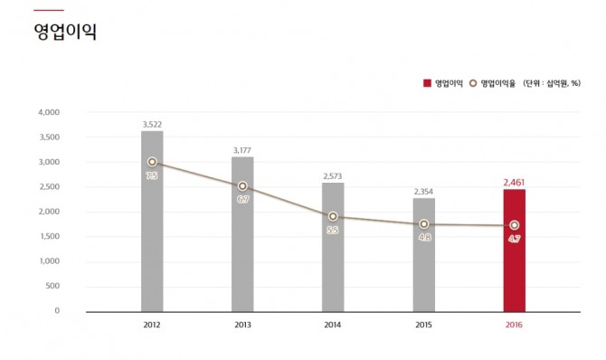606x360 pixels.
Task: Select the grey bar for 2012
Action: click(x=152, y=235)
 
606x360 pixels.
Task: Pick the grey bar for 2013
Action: click(x=242, y=244)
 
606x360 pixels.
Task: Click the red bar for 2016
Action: click(x=514, y=262)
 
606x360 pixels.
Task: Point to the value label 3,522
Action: click(x=152, y=124)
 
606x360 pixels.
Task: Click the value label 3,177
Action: click(x=242, y=149)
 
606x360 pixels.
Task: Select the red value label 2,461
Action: click(x=514, y=182)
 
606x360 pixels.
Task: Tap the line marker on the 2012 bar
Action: click(x=152, y=162)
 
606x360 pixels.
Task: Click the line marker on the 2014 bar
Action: click(x=333, y=216)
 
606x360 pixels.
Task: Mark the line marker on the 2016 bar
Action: click(x=514, y=225)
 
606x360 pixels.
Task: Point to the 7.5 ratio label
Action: click(x=152, y=176)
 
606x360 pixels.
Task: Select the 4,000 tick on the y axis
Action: click(x=48, y=113)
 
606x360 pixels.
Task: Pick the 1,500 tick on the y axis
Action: click(x=48, y=237)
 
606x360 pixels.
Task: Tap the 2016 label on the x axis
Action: click(x=514, y=324)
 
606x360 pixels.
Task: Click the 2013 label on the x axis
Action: click(x=242, y=324)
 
